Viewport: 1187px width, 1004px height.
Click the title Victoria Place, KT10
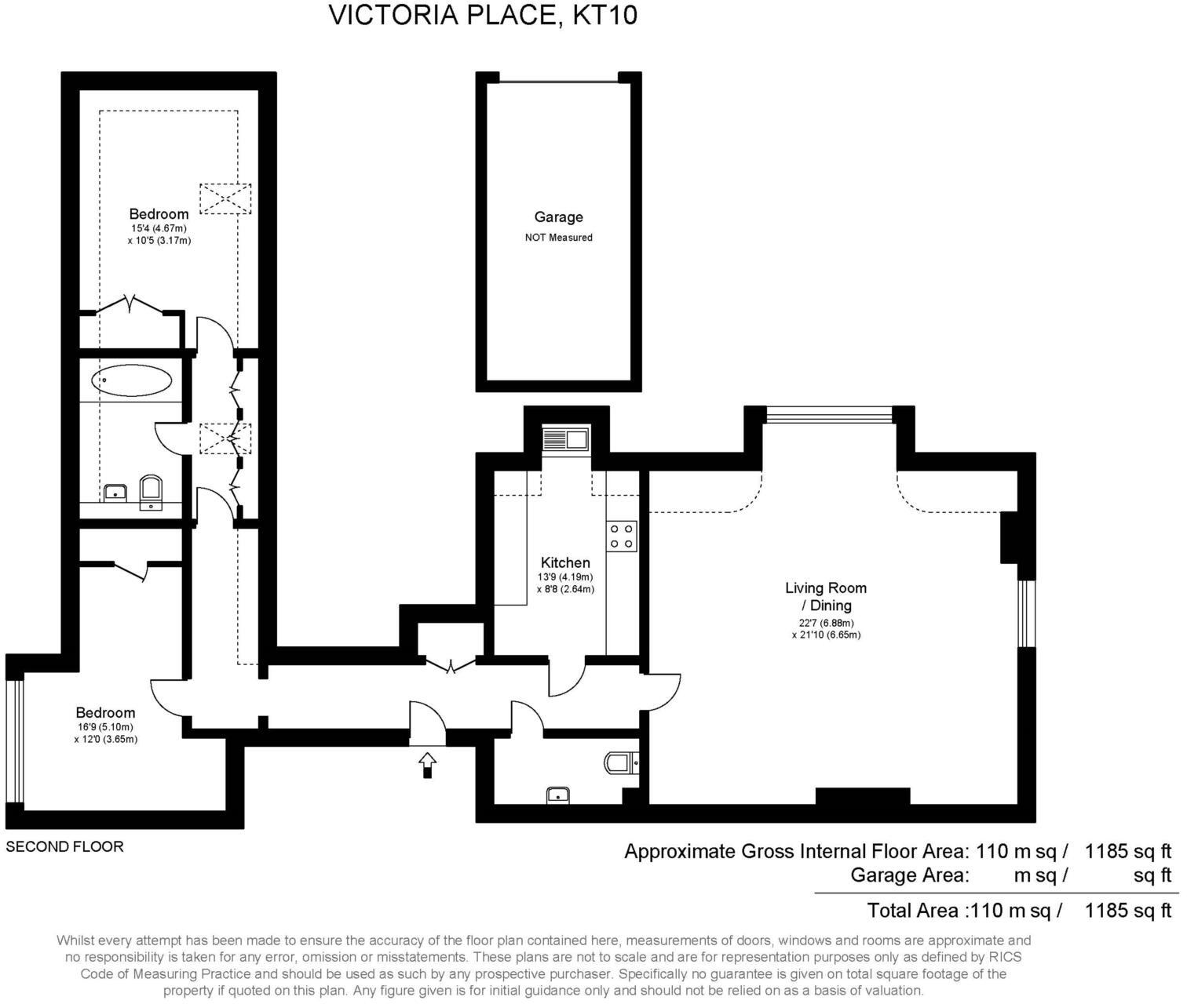click(x=482, y=15)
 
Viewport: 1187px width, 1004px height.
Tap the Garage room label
click(x=558, y=217)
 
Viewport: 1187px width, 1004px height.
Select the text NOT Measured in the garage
click(x=558, y=238)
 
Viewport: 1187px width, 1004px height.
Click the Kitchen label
click(x=564, y=562)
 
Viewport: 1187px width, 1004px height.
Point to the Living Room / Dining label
click(x=826, y=596)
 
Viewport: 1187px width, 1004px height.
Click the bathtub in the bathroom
click(x=131, y=382)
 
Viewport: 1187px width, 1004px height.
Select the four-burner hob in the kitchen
click(x=622, y=537)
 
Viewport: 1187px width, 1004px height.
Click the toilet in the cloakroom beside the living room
click(x=621, y=762)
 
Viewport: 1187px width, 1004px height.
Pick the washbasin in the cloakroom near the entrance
click(x=557, y=795)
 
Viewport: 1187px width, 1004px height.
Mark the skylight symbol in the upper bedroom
click(x=225, y=198)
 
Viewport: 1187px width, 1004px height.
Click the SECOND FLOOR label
click(x=64, y=847)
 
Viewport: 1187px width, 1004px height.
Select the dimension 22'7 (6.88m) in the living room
click(x=826, y=623)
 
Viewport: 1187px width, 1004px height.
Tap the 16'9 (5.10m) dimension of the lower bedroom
click(x=105, y=727)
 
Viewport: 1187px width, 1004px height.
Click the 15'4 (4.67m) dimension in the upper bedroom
click(x=159, y=228)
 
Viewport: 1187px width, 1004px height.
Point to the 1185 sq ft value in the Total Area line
click(x=1127, y=910)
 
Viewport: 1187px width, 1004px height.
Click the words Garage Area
click(x=909, y=875)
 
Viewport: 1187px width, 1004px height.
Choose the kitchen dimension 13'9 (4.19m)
click(x=564, y=577)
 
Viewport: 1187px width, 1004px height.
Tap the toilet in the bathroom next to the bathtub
click(x=150, y=490)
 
